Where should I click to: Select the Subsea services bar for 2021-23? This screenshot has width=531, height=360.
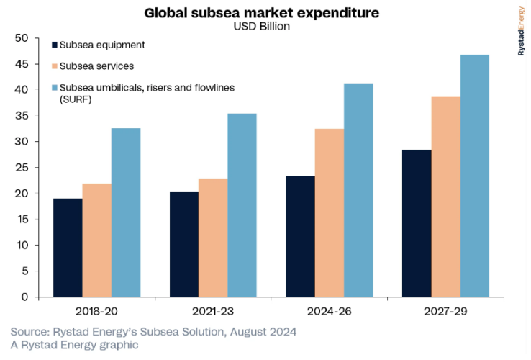tap(213, 238)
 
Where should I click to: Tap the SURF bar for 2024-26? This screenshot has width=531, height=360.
tap(358, 190)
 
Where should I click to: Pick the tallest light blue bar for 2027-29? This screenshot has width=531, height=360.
tap(475, 176)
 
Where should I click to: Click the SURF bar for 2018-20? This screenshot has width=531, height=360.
tap(126, 212)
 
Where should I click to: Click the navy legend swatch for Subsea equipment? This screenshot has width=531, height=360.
tap(55, 45)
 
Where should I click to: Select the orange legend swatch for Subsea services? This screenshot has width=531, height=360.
tap(55, 67)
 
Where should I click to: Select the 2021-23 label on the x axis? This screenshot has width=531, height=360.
tap(213, 313)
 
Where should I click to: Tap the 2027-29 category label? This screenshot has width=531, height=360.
tap(446, 313)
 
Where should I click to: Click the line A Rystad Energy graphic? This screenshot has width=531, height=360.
tap(74, 346)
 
